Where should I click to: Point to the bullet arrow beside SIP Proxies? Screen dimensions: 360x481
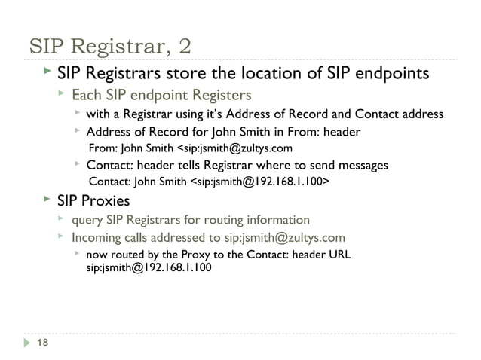(x=46, y=200)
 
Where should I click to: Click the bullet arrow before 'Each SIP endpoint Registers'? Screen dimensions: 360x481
(x=62, y=95)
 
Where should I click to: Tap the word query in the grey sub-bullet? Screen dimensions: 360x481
(x=87, y=220)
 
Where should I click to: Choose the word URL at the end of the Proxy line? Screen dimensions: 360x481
(x=338, y=254)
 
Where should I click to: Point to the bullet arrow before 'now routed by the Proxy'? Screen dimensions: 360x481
(x=77, y=254)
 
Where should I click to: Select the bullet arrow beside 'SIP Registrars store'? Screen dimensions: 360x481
(x=46, y=72)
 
